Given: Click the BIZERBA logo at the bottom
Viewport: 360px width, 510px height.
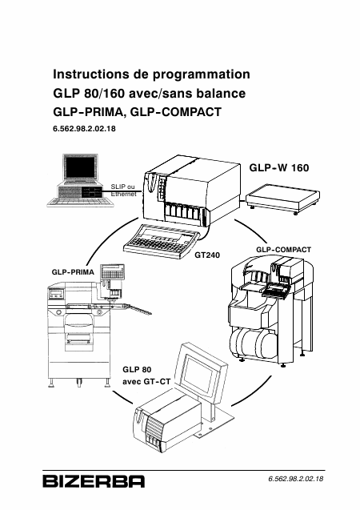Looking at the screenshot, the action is (94, 481).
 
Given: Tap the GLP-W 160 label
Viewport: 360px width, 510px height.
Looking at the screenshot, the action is (279, 168).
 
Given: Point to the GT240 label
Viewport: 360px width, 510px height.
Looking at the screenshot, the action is (207, 255).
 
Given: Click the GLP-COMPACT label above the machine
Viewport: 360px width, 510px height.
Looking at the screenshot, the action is (284, 250).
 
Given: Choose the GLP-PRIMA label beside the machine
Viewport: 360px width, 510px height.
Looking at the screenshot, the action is (73, 272).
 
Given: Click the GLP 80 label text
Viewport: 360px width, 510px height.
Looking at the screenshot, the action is (137, 370).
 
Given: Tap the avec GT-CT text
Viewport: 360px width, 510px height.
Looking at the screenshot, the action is (146, 381).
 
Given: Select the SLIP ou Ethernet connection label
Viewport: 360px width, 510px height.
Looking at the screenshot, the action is (123, 191).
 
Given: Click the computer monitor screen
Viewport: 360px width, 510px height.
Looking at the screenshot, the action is (80, 167).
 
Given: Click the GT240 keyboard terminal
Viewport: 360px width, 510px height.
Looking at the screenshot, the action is (162, 243).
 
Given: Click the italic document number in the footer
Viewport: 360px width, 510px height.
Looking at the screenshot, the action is (296, 479).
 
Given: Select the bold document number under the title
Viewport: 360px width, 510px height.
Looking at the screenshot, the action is (84, 129).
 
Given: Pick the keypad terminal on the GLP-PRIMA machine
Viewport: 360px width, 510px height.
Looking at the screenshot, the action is (113, 271).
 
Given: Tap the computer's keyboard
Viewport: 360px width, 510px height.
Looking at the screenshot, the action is (80, 203).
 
